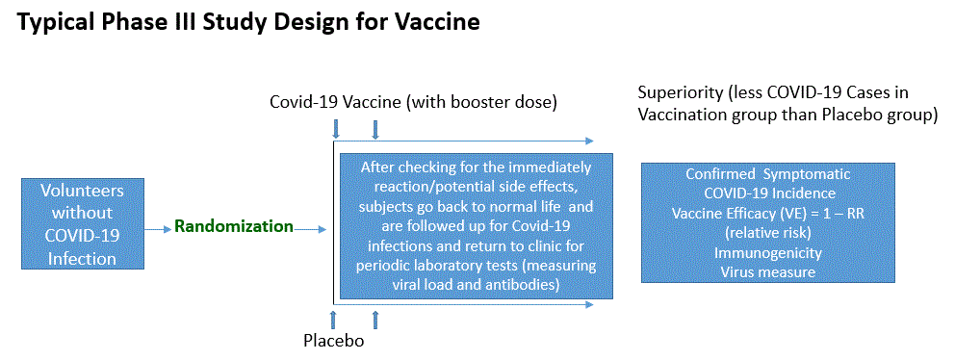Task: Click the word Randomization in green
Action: pos(233,227)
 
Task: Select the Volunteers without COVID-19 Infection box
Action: pos(82,222)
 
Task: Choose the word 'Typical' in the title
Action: pos(59,21)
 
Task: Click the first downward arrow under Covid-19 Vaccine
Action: pos(336,128)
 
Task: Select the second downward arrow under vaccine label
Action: pos(375,128)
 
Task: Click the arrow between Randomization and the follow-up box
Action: pos(311,229)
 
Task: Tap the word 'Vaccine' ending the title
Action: pos(439,21)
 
